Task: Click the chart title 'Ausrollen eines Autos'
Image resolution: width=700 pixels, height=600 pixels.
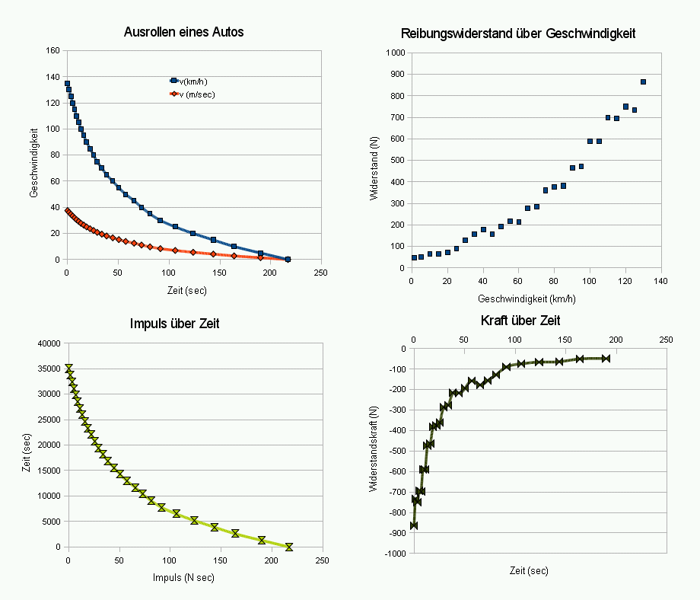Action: point(183,33)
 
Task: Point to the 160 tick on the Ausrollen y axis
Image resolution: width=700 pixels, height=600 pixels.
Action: point(53,51)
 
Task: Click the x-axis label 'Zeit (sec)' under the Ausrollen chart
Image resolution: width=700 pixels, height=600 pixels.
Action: point(186,290)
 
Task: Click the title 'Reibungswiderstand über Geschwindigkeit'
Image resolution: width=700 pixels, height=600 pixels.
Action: point(518,34)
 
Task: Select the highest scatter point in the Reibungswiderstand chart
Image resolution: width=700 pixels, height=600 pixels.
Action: point(643,81)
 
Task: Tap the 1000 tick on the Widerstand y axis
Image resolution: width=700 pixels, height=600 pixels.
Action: point(394,53)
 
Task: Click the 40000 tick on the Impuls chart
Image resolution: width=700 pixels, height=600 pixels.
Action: point(48,343)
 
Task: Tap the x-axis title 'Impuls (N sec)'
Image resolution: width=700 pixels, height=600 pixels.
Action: point(184,578)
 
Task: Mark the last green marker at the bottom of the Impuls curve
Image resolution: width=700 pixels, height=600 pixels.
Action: point(288,547)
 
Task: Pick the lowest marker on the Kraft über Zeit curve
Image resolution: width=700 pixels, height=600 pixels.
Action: point(414,525)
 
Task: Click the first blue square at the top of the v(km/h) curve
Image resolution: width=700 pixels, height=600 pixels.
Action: point(67,84)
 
